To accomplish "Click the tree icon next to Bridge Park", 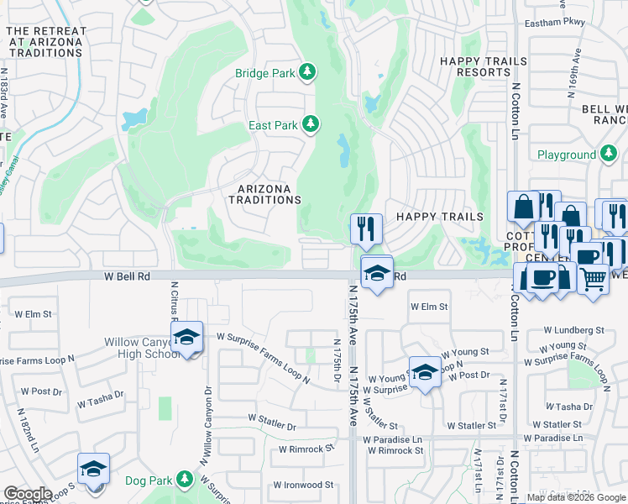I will tap(308, 73).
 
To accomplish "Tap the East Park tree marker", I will tap(311, 125).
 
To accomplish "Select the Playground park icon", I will tap(610, 155).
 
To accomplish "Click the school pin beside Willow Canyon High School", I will tap(187, 338).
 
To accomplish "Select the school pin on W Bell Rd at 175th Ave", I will tap(377, 272).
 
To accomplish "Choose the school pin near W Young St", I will tap(425, 372).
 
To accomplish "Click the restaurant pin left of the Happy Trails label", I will tap(366, 228).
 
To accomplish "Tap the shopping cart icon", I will tap(594, 278).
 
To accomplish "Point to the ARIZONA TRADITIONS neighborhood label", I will tap(265, 195).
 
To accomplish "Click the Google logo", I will tap(29, 494).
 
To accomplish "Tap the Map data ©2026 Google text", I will tap(575, 497).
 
